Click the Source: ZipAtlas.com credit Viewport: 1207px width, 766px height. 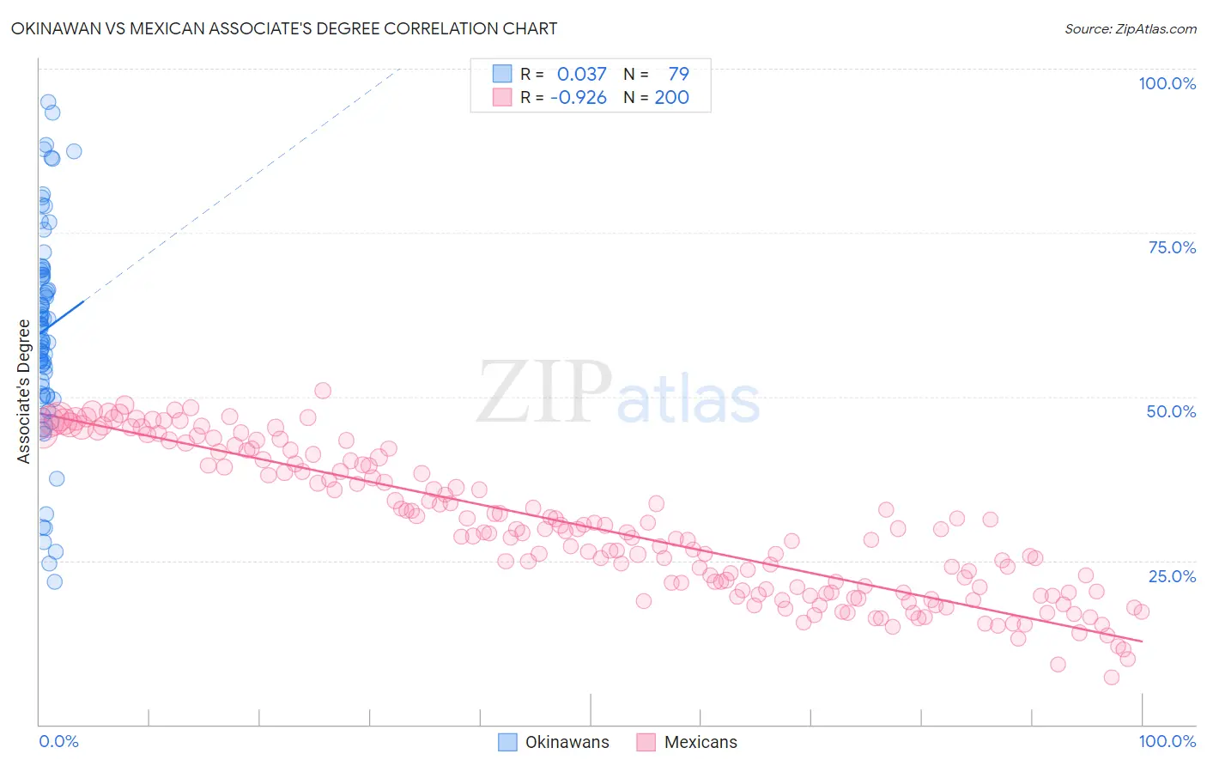point(1130,29)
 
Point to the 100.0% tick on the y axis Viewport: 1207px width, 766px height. point(1167,83)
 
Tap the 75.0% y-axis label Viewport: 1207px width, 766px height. point(1171,247)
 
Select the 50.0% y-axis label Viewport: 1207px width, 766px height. point(1171,411)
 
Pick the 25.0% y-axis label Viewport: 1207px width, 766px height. point(1171,576)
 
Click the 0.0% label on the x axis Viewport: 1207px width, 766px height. point(58,741)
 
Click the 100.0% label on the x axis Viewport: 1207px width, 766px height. point(1167,741)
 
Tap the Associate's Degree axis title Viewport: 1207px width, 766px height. point(24,391)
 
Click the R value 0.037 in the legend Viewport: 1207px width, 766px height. point(581,75)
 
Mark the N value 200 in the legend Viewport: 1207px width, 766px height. point(671,98)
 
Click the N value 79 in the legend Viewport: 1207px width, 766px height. point(678,75)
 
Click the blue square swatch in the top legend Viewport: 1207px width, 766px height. point(502,75)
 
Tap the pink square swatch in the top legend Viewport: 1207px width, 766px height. point(502,98)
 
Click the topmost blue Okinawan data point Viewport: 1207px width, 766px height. point(48,102)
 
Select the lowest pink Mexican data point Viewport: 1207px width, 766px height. point(1111,677)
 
